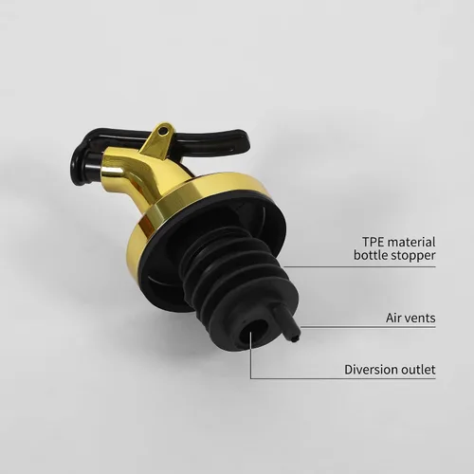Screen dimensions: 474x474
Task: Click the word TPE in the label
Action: click(x=373, y=242)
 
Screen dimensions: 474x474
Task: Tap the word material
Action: click(x=411, y=242)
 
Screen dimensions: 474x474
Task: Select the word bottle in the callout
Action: click(x=371, y=255)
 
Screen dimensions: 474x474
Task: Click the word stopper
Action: click(x=413, y=256)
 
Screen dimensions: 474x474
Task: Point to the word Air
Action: click(x=393, y=318)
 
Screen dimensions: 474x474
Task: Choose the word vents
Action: click(x=420, y=318)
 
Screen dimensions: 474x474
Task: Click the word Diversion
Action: click(x=370, y=370)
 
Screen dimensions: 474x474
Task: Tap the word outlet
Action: click(x=417, y=370)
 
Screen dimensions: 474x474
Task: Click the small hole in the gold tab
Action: click(x=163, y=131)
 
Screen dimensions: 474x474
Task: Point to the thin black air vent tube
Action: click(x=287, y=323)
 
